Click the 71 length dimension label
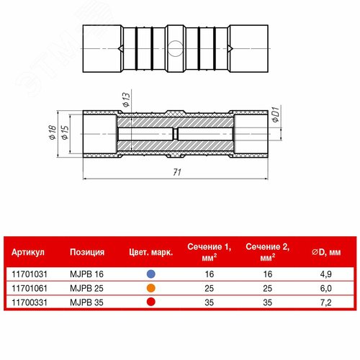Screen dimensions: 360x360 click(x=177, y=172)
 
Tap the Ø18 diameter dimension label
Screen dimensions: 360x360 click(x=53, y=132)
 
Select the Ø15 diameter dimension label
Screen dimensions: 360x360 click(x=65, y=132)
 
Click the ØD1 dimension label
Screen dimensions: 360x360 click(x=276, y=114)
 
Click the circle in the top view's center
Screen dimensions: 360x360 click(x=175, y=48)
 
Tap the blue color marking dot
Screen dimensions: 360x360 click(x=151, y=274)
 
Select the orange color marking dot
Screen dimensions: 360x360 click(x=151, y=288)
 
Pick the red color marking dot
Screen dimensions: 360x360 click(x=151, y=302)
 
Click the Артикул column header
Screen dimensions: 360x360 click(x=28, y=252)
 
